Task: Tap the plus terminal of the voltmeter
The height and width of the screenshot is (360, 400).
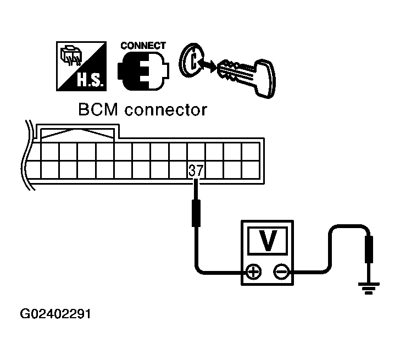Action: coord(253,272)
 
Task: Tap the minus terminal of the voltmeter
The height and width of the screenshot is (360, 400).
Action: coord(281,272)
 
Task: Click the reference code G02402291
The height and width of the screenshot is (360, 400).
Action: coord(55,315)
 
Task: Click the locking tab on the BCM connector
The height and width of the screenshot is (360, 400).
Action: coord(77,133)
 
